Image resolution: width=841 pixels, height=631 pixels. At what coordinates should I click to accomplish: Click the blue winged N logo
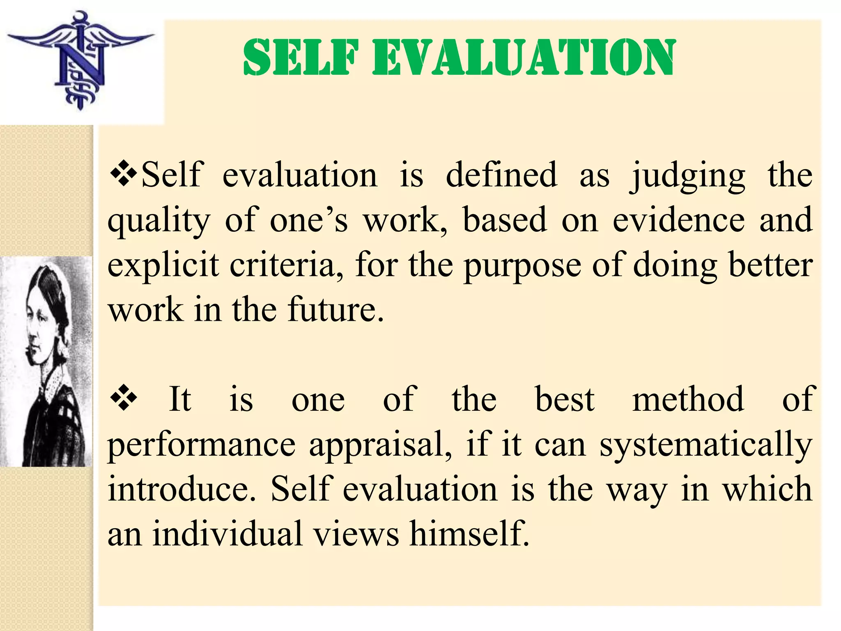click(80, 62)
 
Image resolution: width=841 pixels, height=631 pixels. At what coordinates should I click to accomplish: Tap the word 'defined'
click(501, 175)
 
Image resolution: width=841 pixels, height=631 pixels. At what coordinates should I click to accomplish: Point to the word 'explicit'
click(163, 265)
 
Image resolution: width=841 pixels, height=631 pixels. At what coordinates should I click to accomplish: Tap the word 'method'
click(688, 399)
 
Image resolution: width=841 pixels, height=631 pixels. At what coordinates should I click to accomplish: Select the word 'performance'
click(202, 445)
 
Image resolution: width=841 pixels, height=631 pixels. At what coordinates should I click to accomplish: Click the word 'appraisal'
click(380, 445)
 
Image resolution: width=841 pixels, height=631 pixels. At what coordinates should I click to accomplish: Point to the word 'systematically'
click(706, 445)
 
